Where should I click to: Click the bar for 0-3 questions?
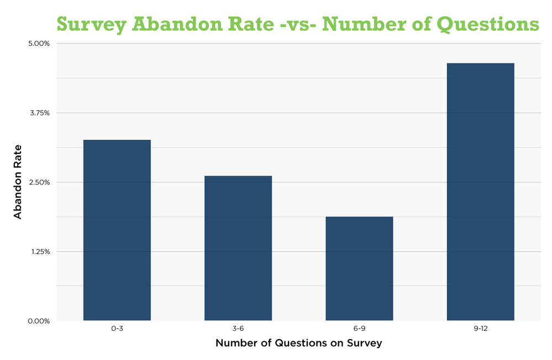117,230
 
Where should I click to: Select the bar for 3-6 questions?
238,248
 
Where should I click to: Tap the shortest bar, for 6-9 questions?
359,268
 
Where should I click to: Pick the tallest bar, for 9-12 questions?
480,192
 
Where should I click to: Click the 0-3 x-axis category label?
117,329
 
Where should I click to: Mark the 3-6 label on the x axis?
238,329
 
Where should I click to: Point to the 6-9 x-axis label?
359,329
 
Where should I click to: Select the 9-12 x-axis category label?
480,329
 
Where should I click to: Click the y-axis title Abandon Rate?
18,182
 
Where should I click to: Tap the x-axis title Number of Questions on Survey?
298,343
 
